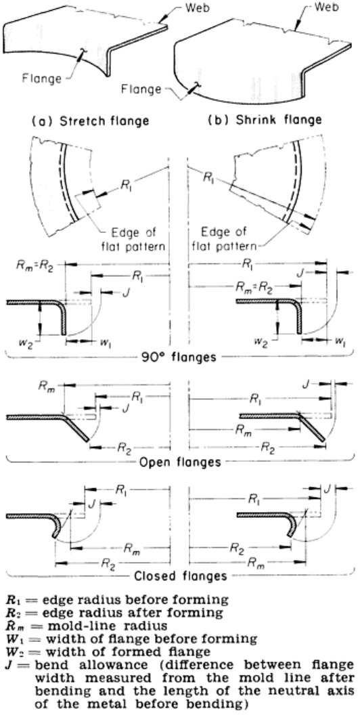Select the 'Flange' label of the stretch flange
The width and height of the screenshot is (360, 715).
pyautogui.click(x=41, y=79)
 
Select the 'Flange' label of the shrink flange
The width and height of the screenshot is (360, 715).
pyautogui.click(x=141, y=89)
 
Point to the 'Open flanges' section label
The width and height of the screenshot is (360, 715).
pyautogui.click(x=179, y=462)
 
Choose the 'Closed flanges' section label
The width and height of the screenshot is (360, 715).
pyautogui.click(x=181, y=576)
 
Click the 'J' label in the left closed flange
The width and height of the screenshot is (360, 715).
pyautogui.click(x=91, y=504)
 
